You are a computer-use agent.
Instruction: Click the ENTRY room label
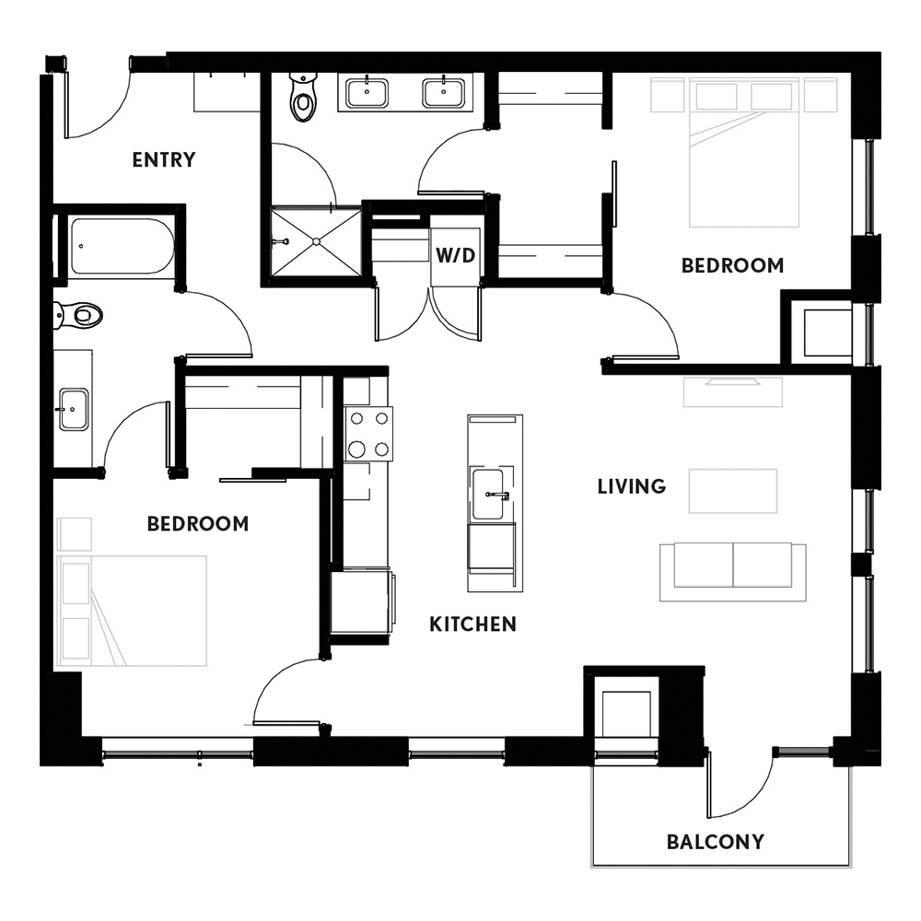[x=163, y=159]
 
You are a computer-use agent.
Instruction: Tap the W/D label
[x=455, y=255]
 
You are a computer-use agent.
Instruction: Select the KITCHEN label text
[x=472, y=624]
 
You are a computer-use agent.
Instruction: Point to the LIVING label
[x=632, y=486]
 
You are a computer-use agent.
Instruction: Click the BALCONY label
[x=716, y=842]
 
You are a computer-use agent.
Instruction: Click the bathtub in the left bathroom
[x=122, y=247]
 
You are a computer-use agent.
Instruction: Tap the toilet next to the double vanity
[x=304, y=97]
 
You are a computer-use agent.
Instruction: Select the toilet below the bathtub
[x=78, y=315]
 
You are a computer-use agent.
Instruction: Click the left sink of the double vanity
[x=367, y=93]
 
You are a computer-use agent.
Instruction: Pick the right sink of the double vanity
[x=444, y=93]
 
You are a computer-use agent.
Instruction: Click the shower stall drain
[x=316, y=241]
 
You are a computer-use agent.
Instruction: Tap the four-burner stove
[x=368, y=434]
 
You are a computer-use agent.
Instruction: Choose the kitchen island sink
[x=489, y=494]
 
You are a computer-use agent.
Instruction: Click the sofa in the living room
[x=733, y=572]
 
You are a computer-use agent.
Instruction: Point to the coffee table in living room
[x=733, y=491]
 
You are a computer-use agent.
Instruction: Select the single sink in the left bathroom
[x=73, y=410]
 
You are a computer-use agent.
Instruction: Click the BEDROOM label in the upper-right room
[x=732, y=265]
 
